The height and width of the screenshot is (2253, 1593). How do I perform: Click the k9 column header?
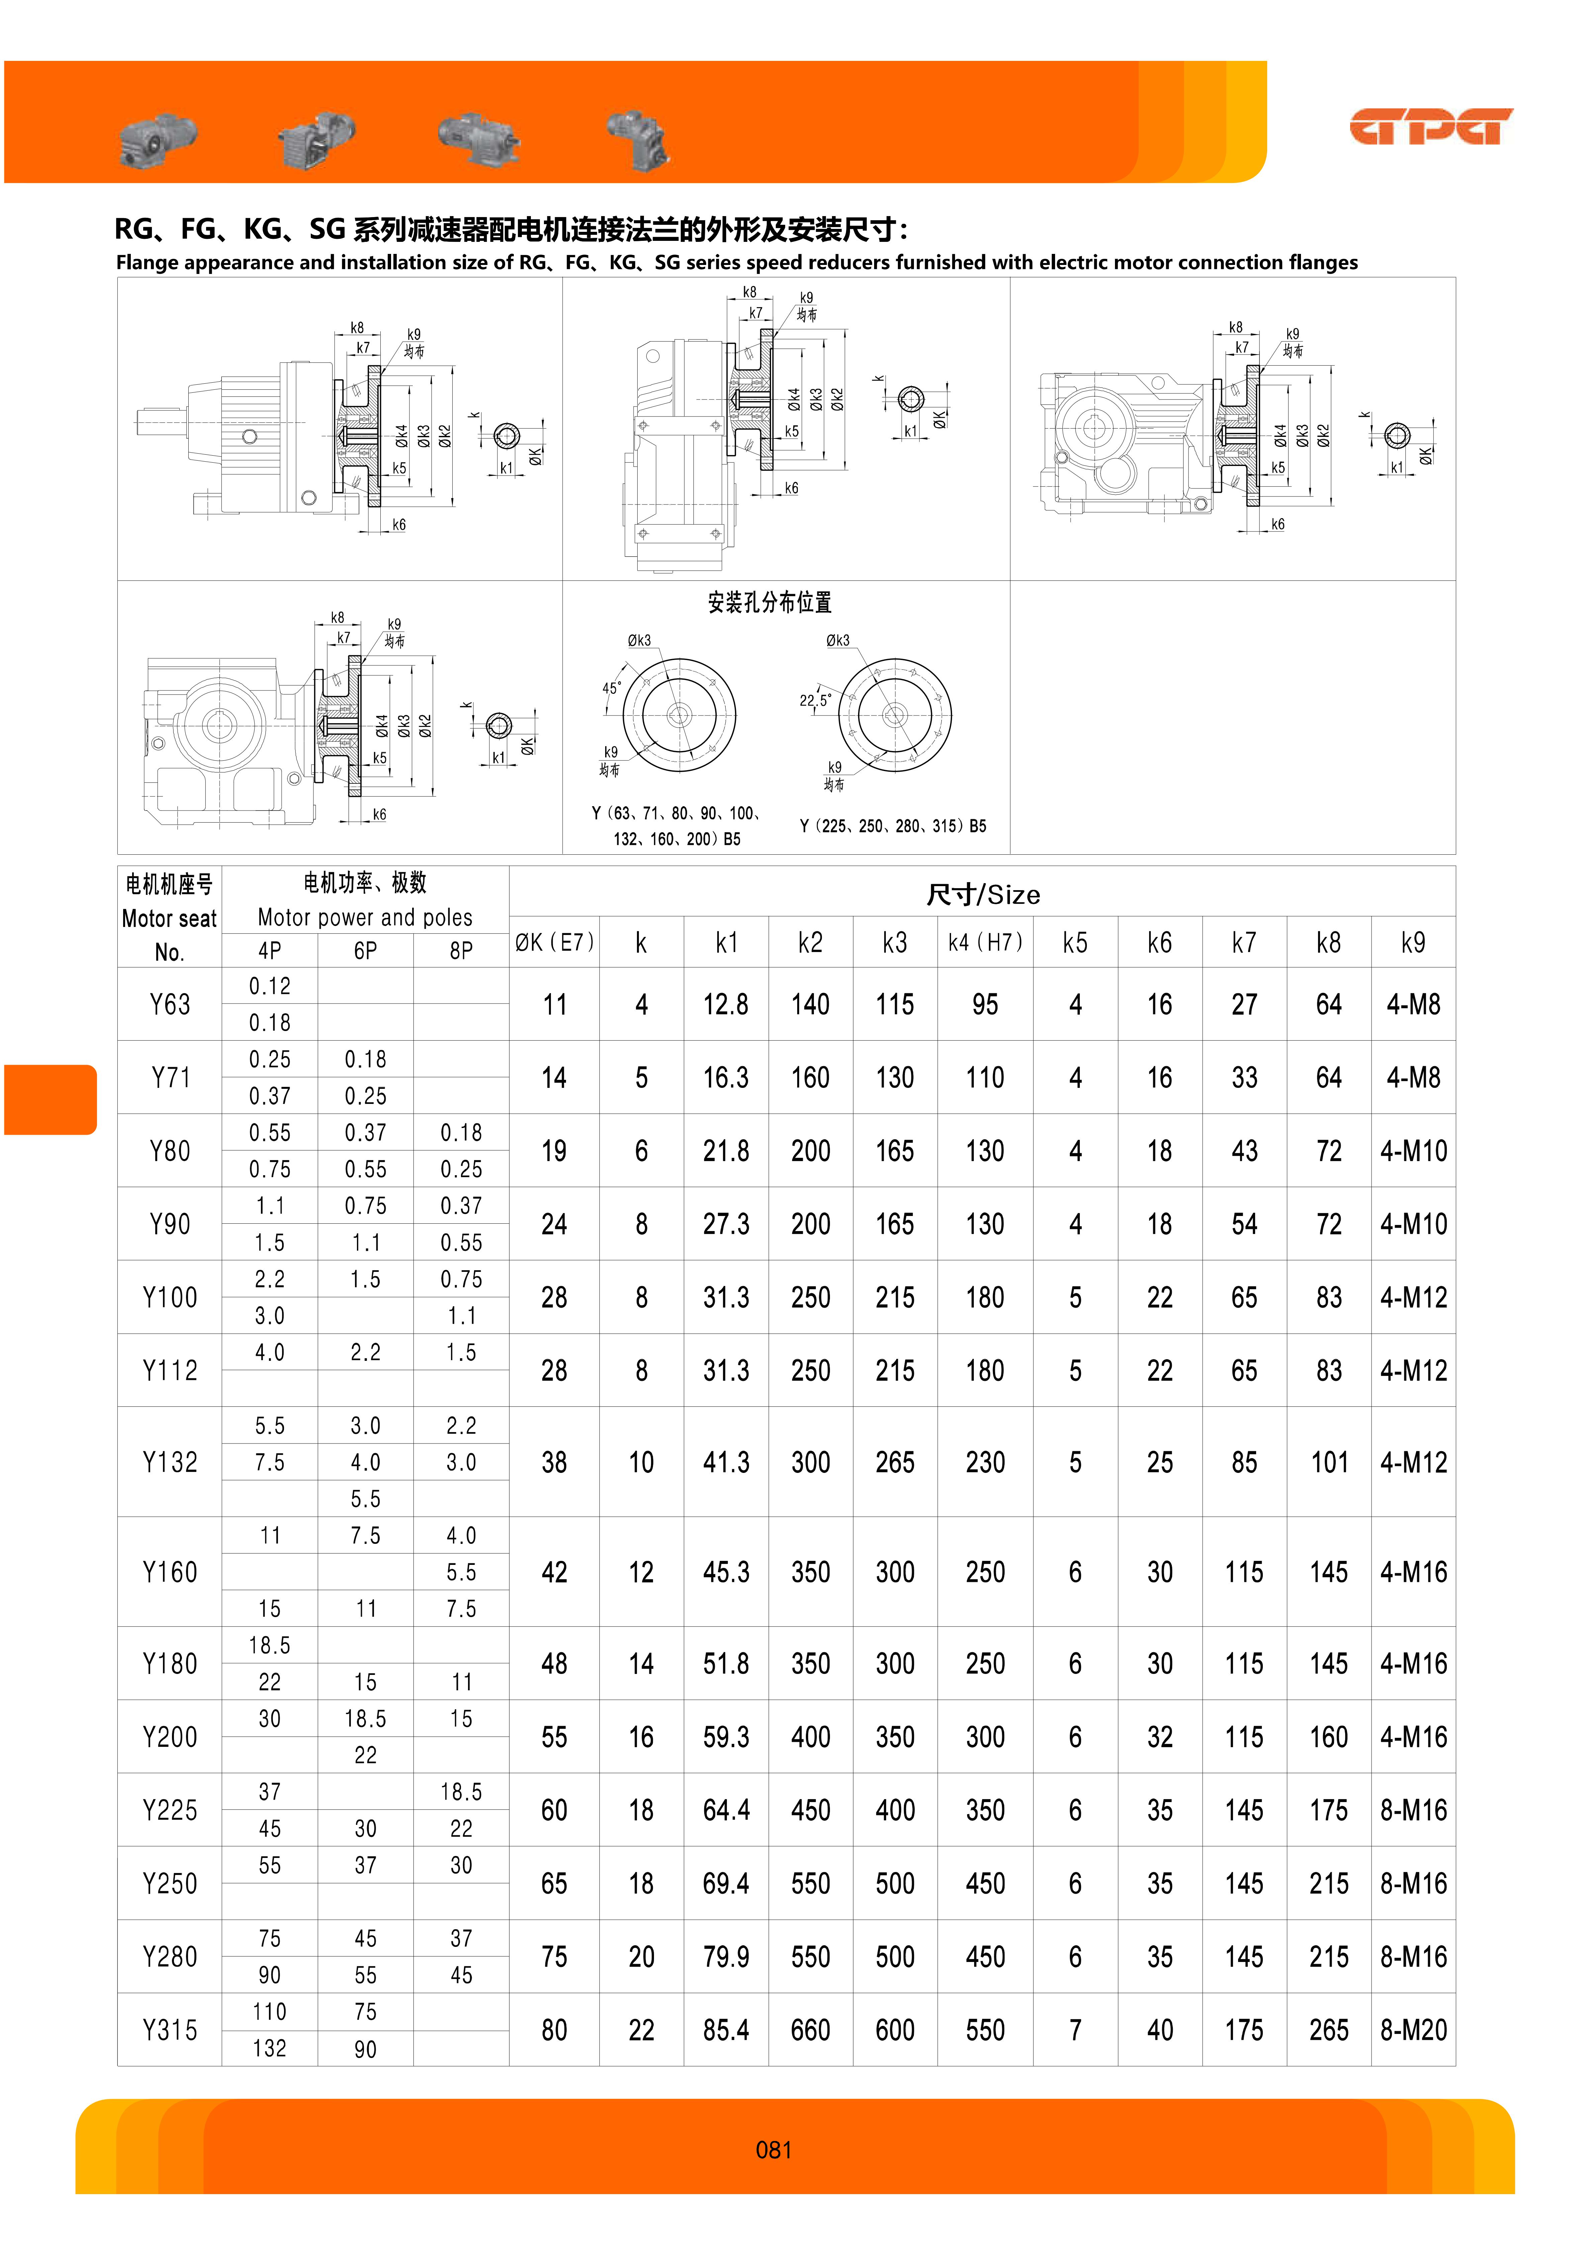click(x=1412, y=943)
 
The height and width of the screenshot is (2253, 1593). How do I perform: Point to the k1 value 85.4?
click(x=725, y=2029)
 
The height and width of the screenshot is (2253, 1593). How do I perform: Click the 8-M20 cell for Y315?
click(x=1412, y=2029)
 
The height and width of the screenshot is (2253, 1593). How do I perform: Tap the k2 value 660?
click(x=810, y=2029)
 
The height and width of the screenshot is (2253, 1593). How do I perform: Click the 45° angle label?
click(x=611, y=688)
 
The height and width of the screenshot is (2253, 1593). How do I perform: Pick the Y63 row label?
click(x=170, y=1004)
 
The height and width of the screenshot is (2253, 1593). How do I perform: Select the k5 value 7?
click(x=1075, y=2029)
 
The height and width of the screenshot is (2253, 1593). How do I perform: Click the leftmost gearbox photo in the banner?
click(x=157, y=135)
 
